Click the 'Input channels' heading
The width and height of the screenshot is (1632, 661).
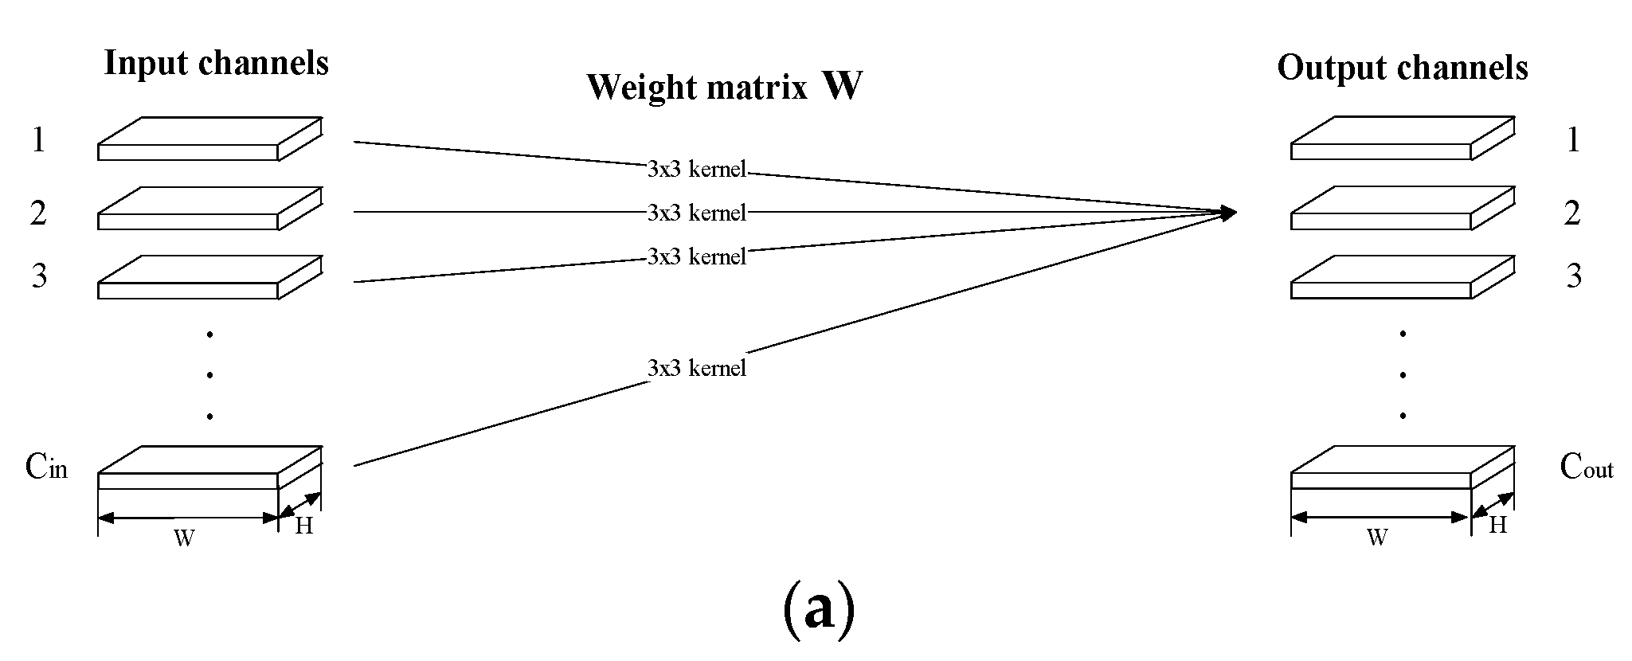pos(216,63)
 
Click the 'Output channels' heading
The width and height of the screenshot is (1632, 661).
pos(1402,68)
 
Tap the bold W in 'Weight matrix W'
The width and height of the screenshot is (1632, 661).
pos(842,86)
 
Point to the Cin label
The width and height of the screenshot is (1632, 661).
pos(46,467)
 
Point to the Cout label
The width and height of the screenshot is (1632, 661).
pos(1586,467)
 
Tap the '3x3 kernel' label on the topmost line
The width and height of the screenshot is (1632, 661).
pos(696,169)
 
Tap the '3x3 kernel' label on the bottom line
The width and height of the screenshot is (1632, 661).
pos(696,368)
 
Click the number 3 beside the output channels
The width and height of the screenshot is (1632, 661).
pos(1574,276)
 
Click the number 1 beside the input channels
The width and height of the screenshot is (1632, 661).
pos(37,140)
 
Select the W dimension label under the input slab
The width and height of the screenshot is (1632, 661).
pos(184,538)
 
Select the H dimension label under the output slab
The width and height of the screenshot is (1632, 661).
pos(1498,525)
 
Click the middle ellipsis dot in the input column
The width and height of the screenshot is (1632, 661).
pos(209,374)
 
